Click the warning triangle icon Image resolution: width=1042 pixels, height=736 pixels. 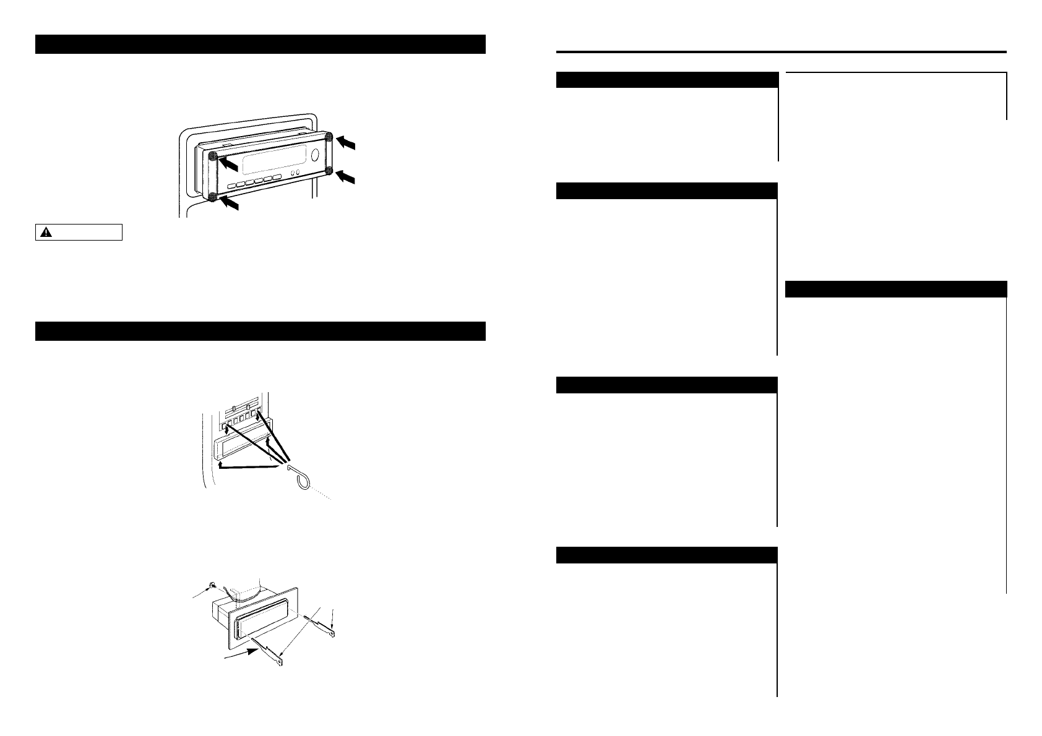[x=46, y=233]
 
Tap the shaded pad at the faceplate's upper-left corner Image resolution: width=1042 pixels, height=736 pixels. [x=212, y=156]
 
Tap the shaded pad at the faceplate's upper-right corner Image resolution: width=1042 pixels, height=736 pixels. [x=329, y=137]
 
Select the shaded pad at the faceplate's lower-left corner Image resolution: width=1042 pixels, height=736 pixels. [x=212, y=197]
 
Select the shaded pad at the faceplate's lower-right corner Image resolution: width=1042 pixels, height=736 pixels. [x=329, y=171]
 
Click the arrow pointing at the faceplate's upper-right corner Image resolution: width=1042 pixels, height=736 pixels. [x=348, y=143]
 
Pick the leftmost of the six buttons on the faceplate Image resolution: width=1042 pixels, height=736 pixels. [x=231, y=186]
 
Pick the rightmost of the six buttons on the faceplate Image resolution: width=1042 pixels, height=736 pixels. [x=277, y=178]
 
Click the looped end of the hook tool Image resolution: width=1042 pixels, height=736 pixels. [x=299, y=479]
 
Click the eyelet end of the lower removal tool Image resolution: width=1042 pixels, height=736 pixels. [x=280, y=665]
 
